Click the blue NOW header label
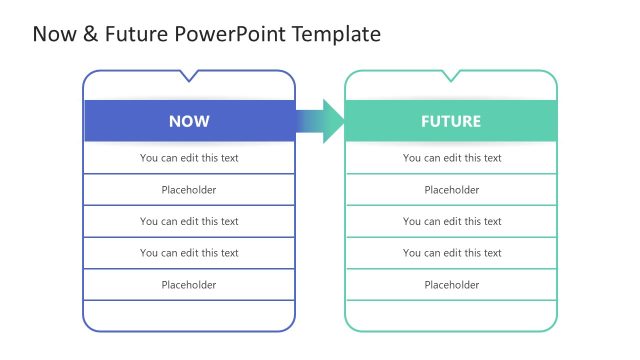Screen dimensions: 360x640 [189, 121]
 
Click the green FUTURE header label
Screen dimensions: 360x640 [451, 121]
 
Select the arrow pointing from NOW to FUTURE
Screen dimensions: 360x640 [322, 121]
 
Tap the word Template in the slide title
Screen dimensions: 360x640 [336, 34]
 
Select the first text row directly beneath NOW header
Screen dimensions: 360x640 [189, 158]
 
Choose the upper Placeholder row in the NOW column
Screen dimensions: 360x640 [189, 190]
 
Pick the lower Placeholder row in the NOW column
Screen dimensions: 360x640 [189, 285]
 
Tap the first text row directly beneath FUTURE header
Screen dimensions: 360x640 [451, 158]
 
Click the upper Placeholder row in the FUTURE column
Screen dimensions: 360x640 [451, 190]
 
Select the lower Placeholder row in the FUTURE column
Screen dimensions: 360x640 [451, 285]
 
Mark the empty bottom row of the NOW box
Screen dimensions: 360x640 [189, 315]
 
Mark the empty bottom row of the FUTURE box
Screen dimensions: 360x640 [451, 315]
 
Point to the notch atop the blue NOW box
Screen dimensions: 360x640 [189, 75]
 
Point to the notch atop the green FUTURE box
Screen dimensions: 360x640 [451, 75]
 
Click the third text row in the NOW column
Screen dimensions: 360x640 [189, 222]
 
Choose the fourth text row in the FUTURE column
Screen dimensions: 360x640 [451, 253]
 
